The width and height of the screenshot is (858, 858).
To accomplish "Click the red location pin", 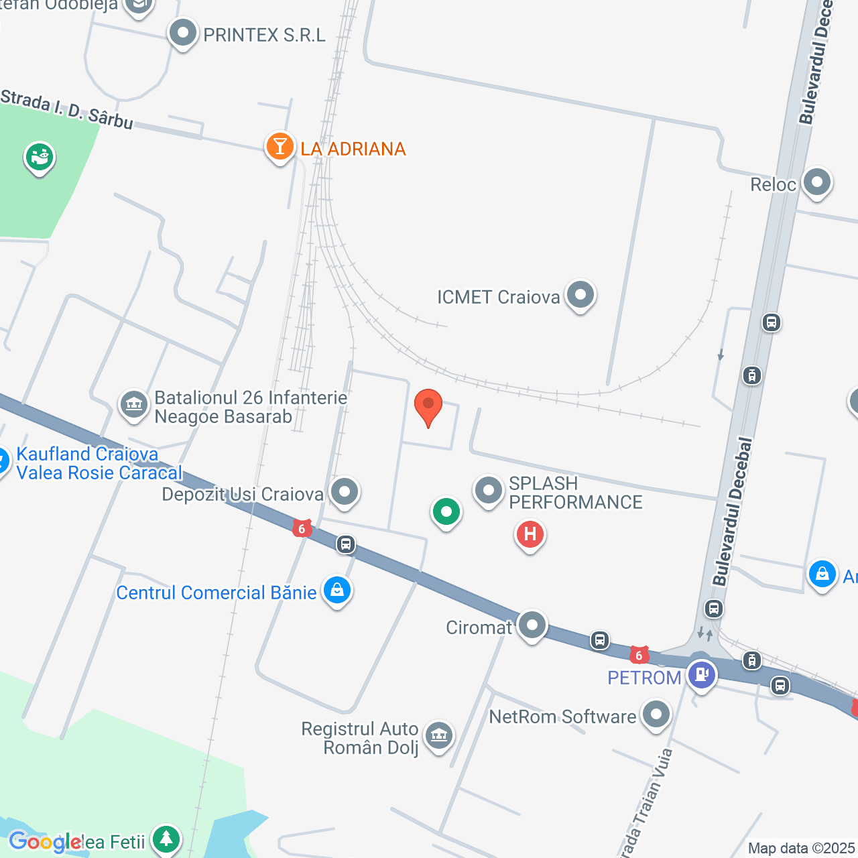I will click(428, 406).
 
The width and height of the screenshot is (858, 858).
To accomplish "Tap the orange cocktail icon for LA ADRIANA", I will click(280, 146).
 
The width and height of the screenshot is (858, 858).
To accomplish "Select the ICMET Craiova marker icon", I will click(580, 295).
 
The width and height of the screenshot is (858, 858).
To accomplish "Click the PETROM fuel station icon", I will click(701, 674).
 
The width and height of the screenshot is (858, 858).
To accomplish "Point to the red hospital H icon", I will click(530, 534).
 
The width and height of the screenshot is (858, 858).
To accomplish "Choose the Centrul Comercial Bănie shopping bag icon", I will click(336, 591).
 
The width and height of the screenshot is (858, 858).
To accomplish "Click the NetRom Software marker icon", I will click(656, 715).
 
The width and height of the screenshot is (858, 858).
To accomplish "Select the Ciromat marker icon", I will click(532, 625).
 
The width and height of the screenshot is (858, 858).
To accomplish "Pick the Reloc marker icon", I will click(816, 182).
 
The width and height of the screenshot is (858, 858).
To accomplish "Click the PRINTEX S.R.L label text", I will click(264, 35).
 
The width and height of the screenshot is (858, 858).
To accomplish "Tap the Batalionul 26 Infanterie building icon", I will click(134, 404).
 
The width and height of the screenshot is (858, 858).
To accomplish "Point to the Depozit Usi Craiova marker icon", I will click(345, 491).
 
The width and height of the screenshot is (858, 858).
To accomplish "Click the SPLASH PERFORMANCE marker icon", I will click(489, 491).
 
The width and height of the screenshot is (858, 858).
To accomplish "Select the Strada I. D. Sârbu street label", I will click(66, 109).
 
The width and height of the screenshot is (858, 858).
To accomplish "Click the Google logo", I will click(45, 842).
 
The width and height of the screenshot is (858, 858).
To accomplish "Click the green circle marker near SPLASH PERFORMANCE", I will click(446, 513).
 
